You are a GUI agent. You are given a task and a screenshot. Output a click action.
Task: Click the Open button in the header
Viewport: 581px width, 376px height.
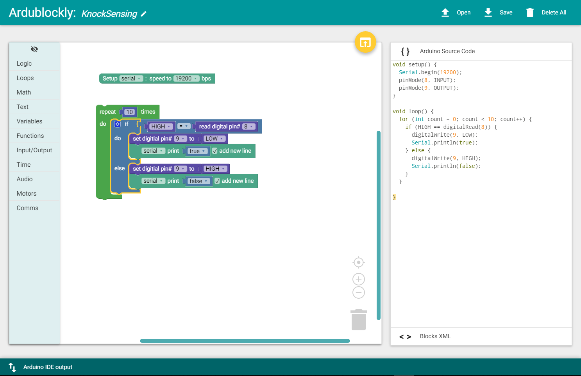coord(456,12)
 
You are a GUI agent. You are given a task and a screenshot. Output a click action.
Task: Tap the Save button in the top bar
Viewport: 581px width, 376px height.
coord(498,12)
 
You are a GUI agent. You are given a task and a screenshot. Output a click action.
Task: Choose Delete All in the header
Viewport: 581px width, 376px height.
coord(546,12)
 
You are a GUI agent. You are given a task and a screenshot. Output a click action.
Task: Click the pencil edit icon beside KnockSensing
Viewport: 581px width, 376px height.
coord(143,14)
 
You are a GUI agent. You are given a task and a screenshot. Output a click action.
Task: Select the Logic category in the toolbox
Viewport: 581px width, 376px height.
coord(24,64)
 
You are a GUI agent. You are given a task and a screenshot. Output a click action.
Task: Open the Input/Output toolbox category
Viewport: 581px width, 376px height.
coord(34,150)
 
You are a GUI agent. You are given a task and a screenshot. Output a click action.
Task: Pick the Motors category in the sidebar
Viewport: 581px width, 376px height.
coord(27,193)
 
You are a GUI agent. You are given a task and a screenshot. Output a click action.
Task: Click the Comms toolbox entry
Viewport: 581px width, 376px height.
coord(27,208)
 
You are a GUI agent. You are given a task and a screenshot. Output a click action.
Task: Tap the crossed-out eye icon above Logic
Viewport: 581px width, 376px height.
coord(34,49)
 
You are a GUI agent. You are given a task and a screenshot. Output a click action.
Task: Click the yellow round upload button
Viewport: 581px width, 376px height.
coord(365,42)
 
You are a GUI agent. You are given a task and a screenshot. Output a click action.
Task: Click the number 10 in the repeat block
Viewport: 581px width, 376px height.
coord(129,112)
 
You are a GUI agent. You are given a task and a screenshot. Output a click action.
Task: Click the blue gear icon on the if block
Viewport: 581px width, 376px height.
coord(118,124)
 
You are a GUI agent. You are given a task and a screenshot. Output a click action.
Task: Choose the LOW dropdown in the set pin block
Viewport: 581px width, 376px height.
coord(214,139)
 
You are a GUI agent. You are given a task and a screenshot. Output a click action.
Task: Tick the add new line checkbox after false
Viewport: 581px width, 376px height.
coord(217,181)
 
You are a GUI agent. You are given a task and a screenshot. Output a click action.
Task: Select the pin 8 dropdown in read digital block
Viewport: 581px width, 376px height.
coord(248,127)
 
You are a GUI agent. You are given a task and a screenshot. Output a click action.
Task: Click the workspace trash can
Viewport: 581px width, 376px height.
coord(358,320)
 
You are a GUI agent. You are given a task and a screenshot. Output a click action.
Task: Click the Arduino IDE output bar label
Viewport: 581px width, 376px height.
coord(48,367)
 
